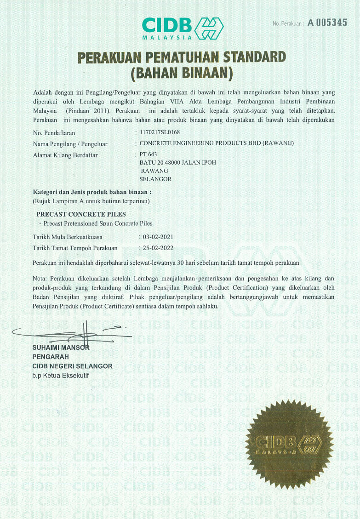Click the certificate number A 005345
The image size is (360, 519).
point(327,23)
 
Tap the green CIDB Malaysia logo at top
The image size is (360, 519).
point(183,28)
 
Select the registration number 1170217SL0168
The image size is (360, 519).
point(160,132)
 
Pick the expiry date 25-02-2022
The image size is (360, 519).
point(159,248)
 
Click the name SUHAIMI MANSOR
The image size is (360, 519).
point(61,347)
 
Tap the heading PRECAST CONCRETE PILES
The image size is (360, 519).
point(81,214)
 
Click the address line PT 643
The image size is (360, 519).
point(148,154)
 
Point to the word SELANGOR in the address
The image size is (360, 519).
point(155,179)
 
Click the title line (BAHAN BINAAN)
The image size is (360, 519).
point(182,72)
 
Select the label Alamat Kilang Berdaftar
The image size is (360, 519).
point(65,155)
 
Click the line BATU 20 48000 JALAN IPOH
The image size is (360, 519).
point(177,163)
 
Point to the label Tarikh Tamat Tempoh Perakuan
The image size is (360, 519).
point(75,248)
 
